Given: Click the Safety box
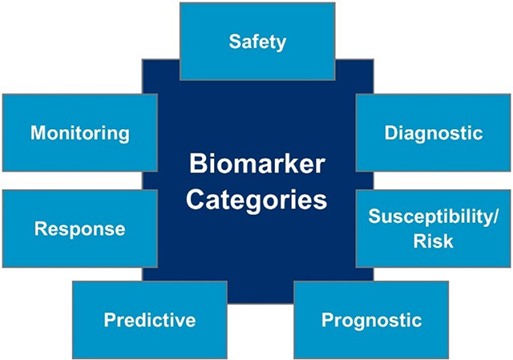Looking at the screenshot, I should (x=256, y=42).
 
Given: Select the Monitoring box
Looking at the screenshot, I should (x=79, y=132).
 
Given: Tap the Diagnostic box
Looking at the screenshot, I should (x=434, y=132).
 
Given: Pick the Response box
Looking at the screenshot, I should (x=79, y=229).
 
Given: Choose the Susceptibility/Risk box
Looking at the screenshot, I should (x=434, y=229).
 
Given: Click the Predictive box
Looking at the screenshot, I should (x=150, y=320).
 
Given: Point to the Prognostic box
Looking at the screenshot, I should (x=371, y=320).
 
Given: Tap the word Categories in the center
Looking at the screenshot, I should (x=256, y=197).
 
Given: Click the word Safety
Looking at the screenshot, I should (x=256, y=42).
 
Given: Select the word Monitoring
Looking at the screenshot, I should (x=79, y=132).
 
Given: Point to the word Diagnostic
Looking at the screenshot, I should (x=434, y=132).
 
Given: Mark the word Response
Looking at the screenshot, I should (x=79, y=229).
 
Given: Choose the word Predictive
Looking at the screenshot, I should (x=150, y=321).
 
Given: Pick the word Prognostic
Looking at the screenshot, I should (x=371, y=321).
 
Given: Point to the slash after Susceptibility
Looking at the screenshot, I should (x=495, y=216).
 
